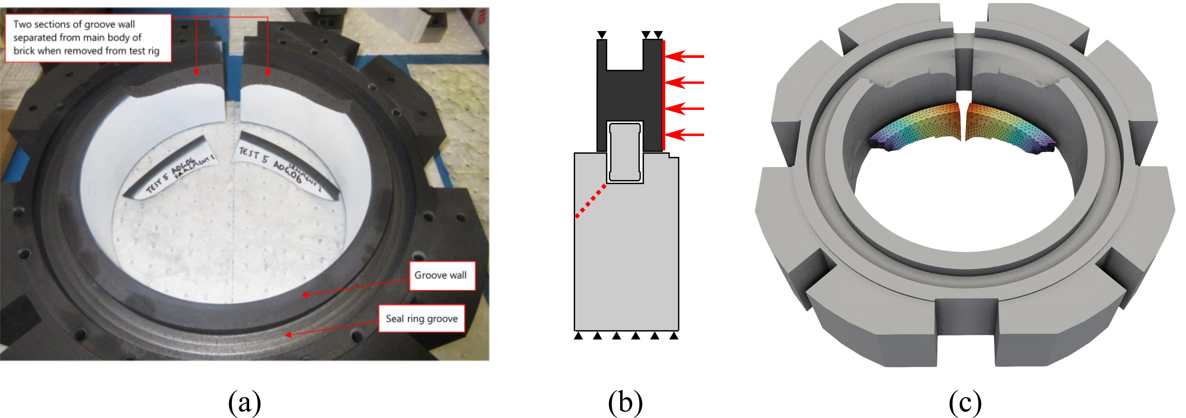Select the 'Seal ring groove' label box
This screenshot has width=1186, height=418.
[x=421, y=319]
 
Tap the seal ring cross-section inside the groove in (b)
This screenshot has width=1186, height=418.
[x=625, y=152]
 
